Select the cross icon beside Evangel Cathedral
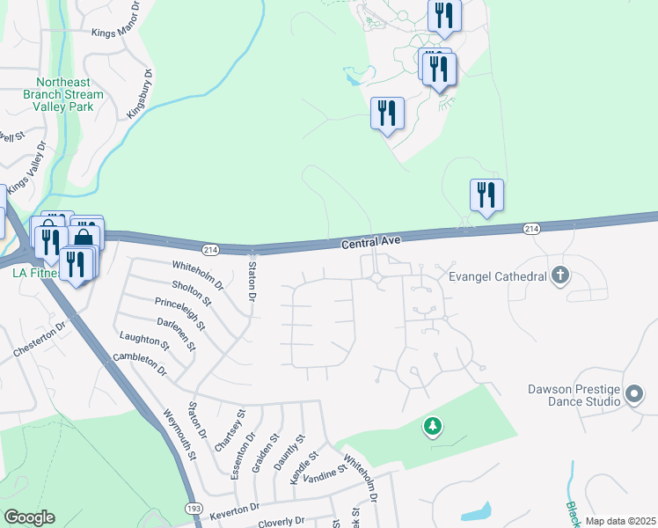point(559,276)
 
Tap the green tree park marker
point(432,427)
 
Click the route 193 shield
point(194,510)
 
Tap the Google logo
point(29,517)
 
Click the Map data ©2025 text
point(620,522)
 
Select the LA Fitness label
point(35,274)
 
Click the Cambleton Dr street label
point(140,365)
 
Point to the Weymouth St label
point(179,434)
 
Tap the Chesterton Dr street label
point(40,339)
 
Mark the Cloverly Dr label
point(289,522)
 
